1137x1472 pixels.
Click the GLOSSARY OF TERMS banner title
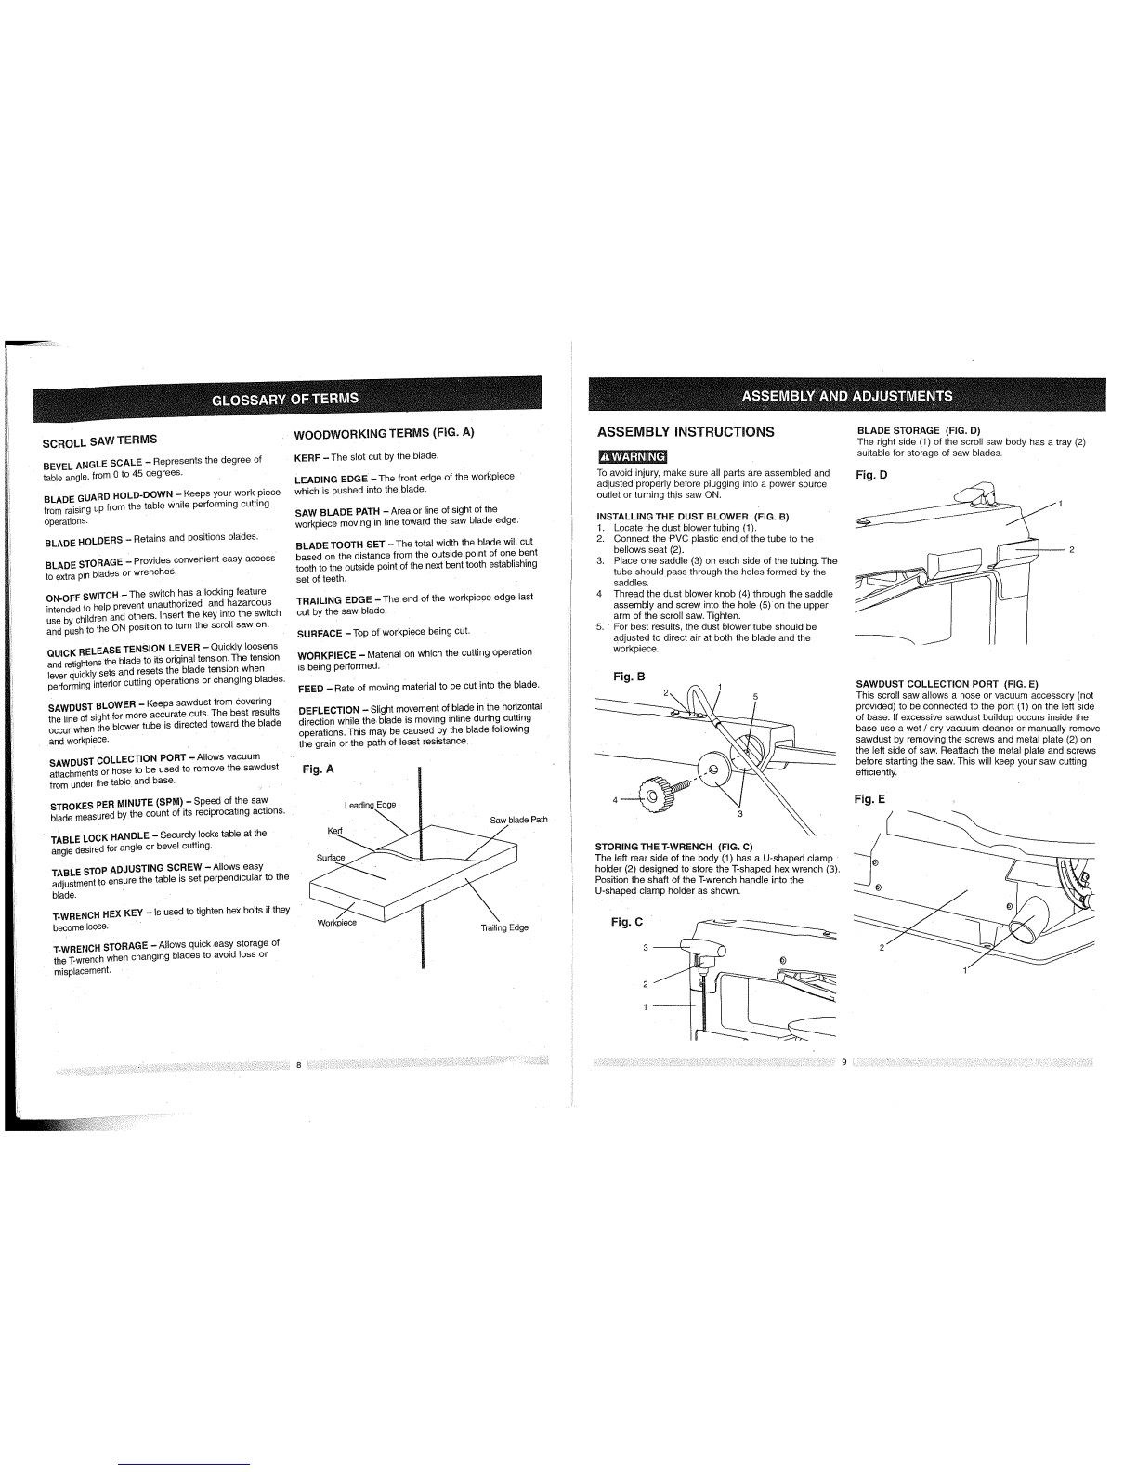coord(285,400)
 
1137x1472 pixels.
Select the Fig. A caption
coord(318,769)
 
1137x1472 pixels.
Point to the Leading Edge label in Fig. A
coord(370,805)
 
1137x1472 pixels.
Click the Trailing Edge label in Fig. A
coord(504,927)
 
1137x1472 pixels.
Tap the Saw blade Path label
coord(518,820)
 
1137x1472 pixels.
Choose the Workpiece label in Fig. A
coord(337,923)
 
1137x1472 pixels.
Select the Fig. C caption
coord(627,922)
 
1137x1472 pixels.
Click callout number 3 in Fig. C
coord(645,948)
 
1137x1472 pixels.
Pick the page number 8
coord(299,1064)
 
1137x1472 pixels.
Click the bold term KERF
coord(307,457)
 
